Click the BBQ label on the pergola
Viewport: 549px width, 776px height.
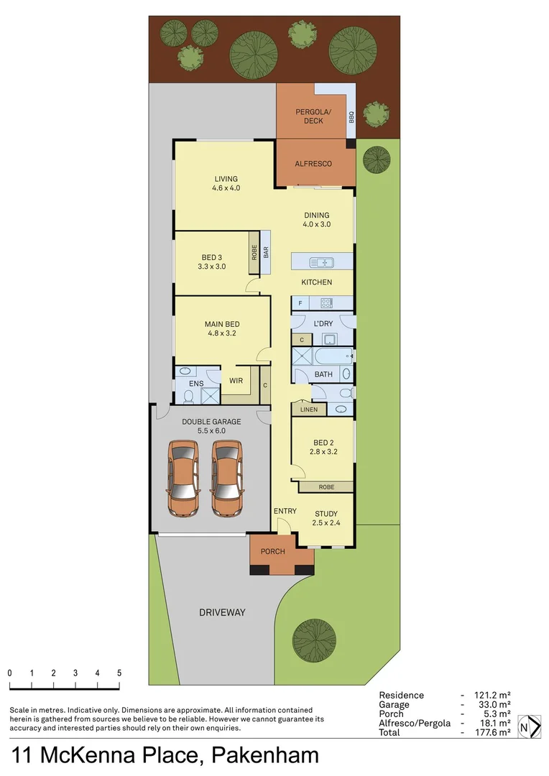click(351, 118)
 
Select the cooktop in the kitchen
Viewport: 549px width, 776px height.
click(326, 302)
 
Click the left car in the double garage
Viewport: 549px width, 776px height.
click(183, 478)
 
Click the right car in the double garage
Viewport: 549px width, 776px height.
click(226, 478)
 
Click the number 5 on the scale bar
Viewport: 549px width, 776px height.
click(119, 673)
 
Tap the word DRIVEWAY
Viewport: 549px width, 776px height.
click(222, 613)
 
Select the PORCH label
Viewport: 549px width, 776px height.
click(272, 552)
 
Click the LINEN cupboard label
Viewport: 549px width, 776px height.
click(308, 410)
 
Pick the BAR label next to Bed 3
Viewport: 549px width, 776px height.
click(265, 254)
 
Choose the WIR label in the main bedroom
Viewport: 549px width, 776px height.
click(236, 380)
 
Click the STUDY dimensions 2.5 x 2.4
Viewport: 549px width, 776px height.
click(326, 523)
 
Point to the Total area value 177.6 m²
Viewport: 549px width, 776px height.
click(495, 732)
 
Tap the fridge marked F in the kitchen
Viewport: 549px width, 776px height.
click(300, 303)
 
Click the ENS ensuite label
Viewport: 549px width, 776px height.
click(196, 384)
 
